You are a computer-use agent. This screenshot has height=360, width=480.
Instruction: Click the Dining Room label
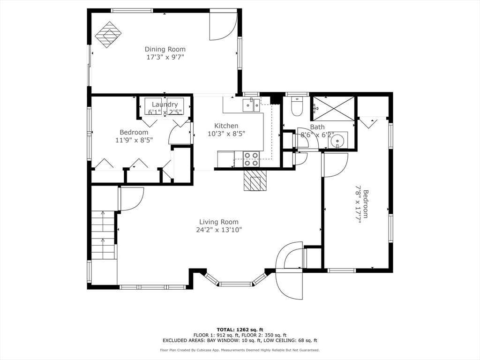coord(165,49)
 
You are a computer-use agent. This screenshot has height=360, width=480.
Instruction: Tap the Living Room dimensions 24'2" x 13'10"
coord(219,230)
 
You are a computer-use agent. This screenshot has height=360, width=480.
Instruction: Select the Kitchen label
coord(226,126)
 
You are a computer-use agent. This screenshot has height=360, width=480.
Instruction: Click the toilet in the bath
coord(297,106)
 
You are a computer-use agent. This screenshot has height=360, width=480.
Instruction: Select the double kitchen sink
coord(251,105)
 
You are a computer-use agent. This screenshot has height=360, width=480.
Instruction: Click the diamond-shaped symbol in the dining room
coord(108,34)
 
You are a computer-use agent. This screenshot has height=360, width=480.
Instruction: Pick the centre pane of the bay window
coord(236,284)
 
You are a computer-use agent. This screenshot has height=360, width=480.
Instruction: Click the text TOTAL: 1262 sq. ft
coord(240,330)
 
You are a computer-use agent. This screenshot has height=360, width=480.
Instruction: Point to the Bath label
coord(317,127)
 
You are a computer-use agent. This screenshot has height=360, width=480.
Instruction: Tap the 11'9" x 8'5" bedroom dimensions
coord(134,140)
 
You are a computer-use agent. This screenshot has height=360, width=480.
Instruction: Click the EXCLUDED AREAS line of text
coord(240,340)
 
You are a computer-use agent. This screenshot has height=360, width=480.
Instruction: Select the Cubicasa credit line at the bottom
coord(240,350)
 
